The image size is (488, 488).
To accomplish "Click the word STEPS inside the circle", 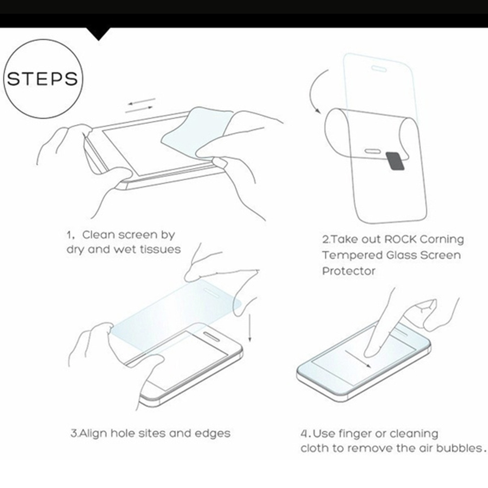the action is pyautogui.click(x=43, y=79).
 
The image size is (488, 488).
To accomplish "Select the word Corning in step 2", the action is pyautogui.click(x=442, y=240).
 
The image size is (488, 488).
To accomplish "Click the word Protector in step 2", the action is pyautogui.click(x=349, y=271).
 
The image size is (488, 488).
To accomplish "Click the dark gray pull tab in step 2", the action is pyautogui.click(x=395, y=161).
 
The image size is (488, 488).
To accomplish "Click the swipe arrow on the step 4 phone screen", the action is pyautogui.click(x=358, y=359).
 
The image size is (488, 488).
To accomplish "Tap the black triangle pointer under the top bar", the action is pyautogui.click(x=98, y=34).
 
